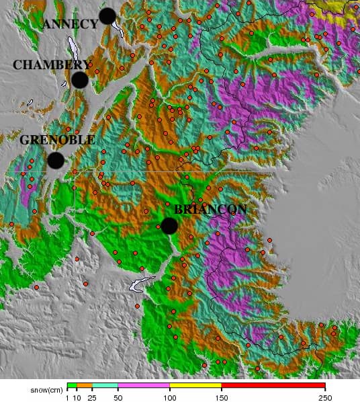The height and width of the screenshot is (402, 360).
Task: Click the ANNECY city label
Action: [70, 24]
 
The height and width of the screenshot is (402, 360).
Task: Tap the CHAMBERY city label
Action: [51, 65]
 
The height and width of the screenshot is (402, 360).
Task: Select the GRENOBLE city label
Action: [57, 140]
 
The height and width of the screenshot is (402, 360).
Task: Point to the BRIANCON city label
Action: [210, 209]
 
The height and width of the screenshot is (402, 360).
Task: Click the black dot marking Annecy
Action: [107, 16]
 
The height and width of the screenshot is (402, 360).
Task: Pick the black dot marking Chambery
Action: [79, 80]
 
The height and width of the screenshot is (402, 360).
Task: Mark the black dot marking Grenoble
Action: [55, 161]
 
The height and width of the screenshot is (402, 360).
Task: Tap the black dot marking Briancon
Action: [169, 226]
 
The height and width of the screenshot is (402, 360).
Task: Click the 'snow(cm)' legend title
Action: [46, 389]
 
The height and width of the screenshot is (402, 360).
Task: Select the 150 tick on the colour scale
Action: [221, 397]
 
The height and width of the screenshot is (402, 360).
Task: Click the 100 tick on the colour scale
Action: [169, 397]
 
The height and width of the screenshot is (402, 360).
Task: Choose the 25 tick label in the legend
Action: [91, 397]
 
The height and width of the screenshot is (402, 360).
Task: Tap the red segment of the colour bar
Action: [273, 386]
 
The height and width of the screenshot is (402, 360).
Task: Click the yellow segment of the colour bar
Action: [195, 386]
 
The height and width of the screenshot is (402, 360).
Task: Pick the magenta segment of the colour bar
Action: [143, 386]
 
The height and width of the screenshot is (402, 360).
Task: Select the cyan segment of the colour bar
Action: [104, 386]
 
